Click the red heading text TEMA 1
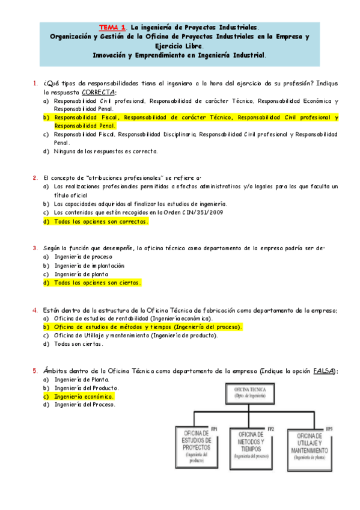pos(111,27)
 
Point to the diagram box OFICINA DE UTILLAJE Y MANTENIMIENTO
pos(309,447)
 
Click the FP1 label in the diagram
pos(214,428)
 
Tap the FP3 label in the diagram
pos(329,428)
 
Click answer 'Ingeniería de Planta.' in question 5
pos(81,379)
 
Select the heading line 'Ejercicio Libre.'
pos(179,45)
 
